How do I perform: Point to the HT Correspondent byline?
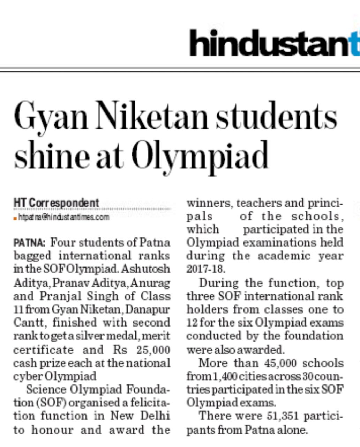pos(56,203)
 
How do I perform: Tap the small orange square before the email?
pos(15,218)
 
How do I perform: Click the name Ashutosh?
pos(150,269)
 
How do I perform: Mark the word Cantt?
pos(27,323)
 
